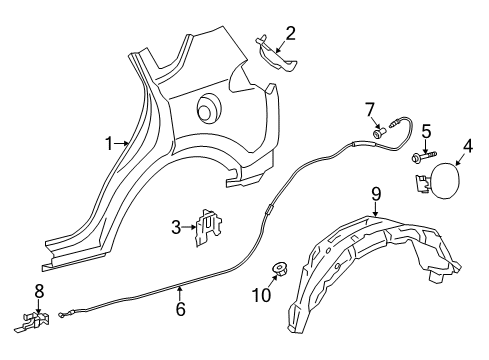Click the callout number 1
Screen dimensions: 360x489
109,144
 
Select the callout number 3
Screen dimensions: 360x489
177,227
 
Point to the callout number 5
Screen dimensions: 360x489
425,130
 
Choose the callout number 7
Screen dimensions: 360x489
369,108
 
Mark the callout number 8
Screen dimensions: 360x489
40,291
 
